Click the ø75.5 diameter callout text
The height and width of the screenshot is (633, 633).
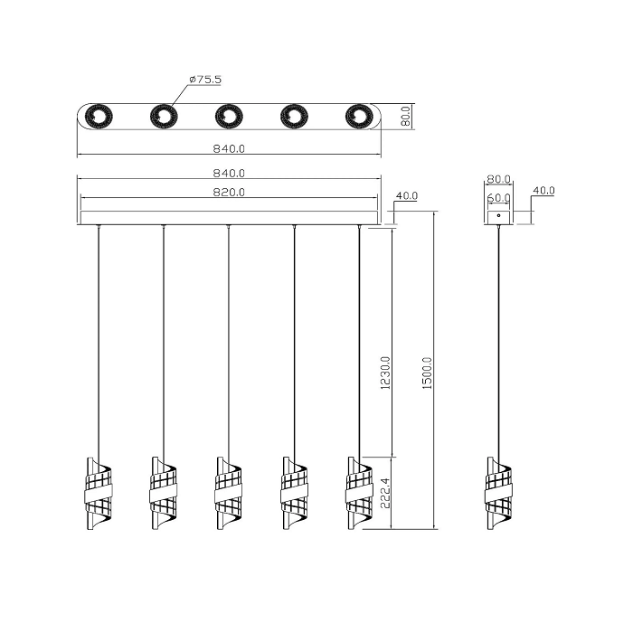click(x=205, y=80)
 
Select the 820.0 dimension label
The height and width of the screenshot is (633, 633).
click(x=229, y=192)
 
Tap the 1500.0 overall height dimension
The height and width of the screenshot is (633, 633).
click(x=427, y=373)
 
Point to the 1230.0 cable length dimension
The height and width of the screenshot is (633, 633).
click(x=386, y=373)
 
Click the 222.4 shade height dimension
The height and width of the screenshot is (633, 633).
click(x=386, y=493)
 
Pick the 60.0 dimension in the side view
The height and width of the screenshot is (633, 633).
click(x=498, y=198)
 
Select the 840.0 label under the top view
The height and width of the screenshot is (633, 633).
click(x=229, y=148)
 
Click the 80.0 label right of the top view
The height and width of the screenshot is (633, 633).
click(x=406, y=116)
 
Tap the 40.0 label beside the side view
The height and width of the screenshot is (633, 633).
click(x=543, y=190)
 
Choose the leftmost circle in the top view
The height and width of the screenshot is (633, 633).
click(x=99, y=117)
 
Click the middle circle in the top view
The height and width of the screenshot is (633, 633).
click(x=229, y=117)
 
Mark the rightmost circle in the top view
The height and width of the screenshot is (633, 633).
click(x=359, y=117)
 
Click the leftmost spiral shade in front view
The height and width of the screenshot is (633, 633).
click(x=99, y=494)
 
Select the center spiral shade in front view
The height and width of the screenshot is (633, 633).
click(x=229, y=494)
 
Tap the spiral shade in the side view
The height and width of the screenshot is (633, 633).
click(x=498, y=494)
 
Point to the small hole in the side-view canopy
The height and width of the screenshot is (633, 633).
click(x=498, y=215)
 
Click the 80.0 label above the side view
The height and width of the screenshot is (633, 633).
click(x=498, y=179)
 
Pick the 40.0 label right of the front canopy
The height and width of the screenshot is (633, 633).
click(x=407, y=196)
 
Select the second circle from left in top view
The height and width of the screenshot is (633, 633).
click(x=164, y=117)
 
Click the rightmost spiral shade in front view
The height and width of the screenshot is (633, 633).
click(x=359, y=494)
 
